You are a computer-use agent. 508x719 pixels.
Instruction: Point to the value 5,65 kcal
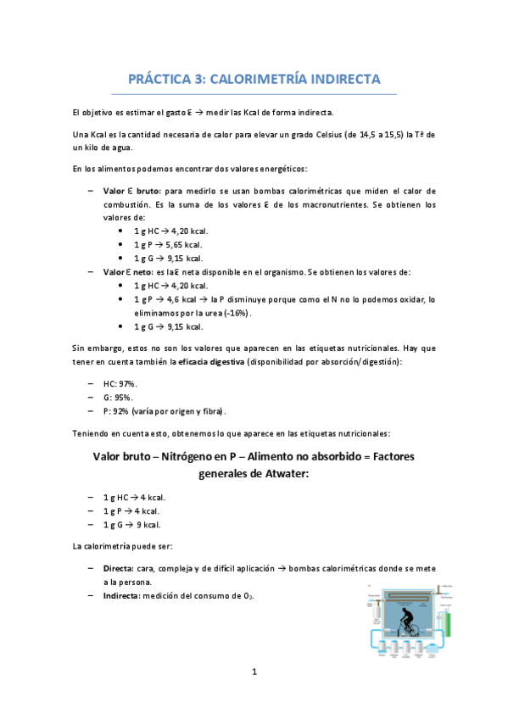pos(181,244)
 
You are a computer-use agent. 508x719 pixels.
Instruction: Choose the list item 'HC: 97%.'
pos(120,383)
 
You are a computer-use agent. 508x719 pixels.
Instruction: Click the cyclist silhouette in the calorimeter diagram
pos(405,618)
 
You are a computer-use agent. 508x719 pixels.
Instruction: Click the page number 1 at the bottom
pos(254,672)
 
